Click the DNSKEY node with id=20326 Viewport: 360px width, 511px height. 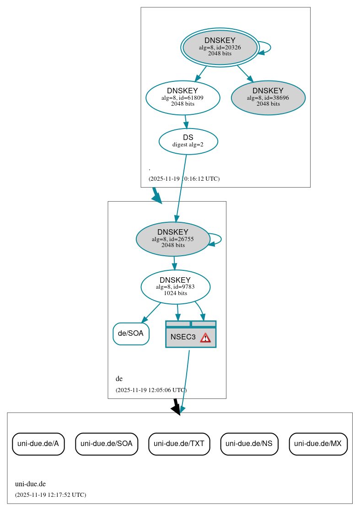click(x=220, y=47)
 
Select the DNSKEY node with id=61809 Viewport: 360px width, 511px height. click(x=183, y=97)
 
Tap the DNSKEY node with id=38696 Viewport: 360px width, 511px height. click(x=268, y=97)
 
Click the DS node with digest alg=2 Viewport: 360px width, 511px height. click(x=188, y=141)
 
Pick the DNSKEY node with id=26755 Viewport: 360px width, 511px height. click(x=173, y=239)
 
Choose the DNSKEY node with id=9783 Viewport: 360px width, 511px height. click(x=175, y=287)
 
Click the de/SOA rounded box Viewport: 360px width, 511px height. click(x=131, y=333)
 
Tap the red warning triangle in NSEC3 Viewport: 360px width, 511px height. click(x=205, y=338)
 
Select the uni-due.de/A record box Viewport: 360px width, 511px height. click(x=38, y=443)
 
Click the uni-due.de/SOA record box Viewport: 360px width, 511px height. click(x=106, y=443)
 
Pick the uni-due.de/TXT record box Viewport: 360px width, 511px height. click(x=179, y=443)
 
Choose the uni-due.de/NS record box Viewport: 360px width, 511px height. click(x=249, y=443)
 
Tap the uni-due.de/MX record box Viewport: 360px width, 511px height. click(x=318, y=443)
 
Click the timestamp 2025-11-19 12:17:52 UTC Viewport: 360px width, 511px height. click(x=50, y=495)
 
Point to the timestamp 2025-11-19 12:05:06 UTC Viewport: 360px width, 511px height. click(x=151, y=390)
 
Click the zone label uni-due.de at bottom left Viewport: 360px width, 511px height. click(x=30, y=484)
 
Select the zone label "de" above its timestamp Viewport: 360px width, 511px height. click(x=119, y=379)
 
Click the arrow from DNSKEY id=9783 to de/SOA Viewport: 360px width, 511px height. click(x=151, y=312)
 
